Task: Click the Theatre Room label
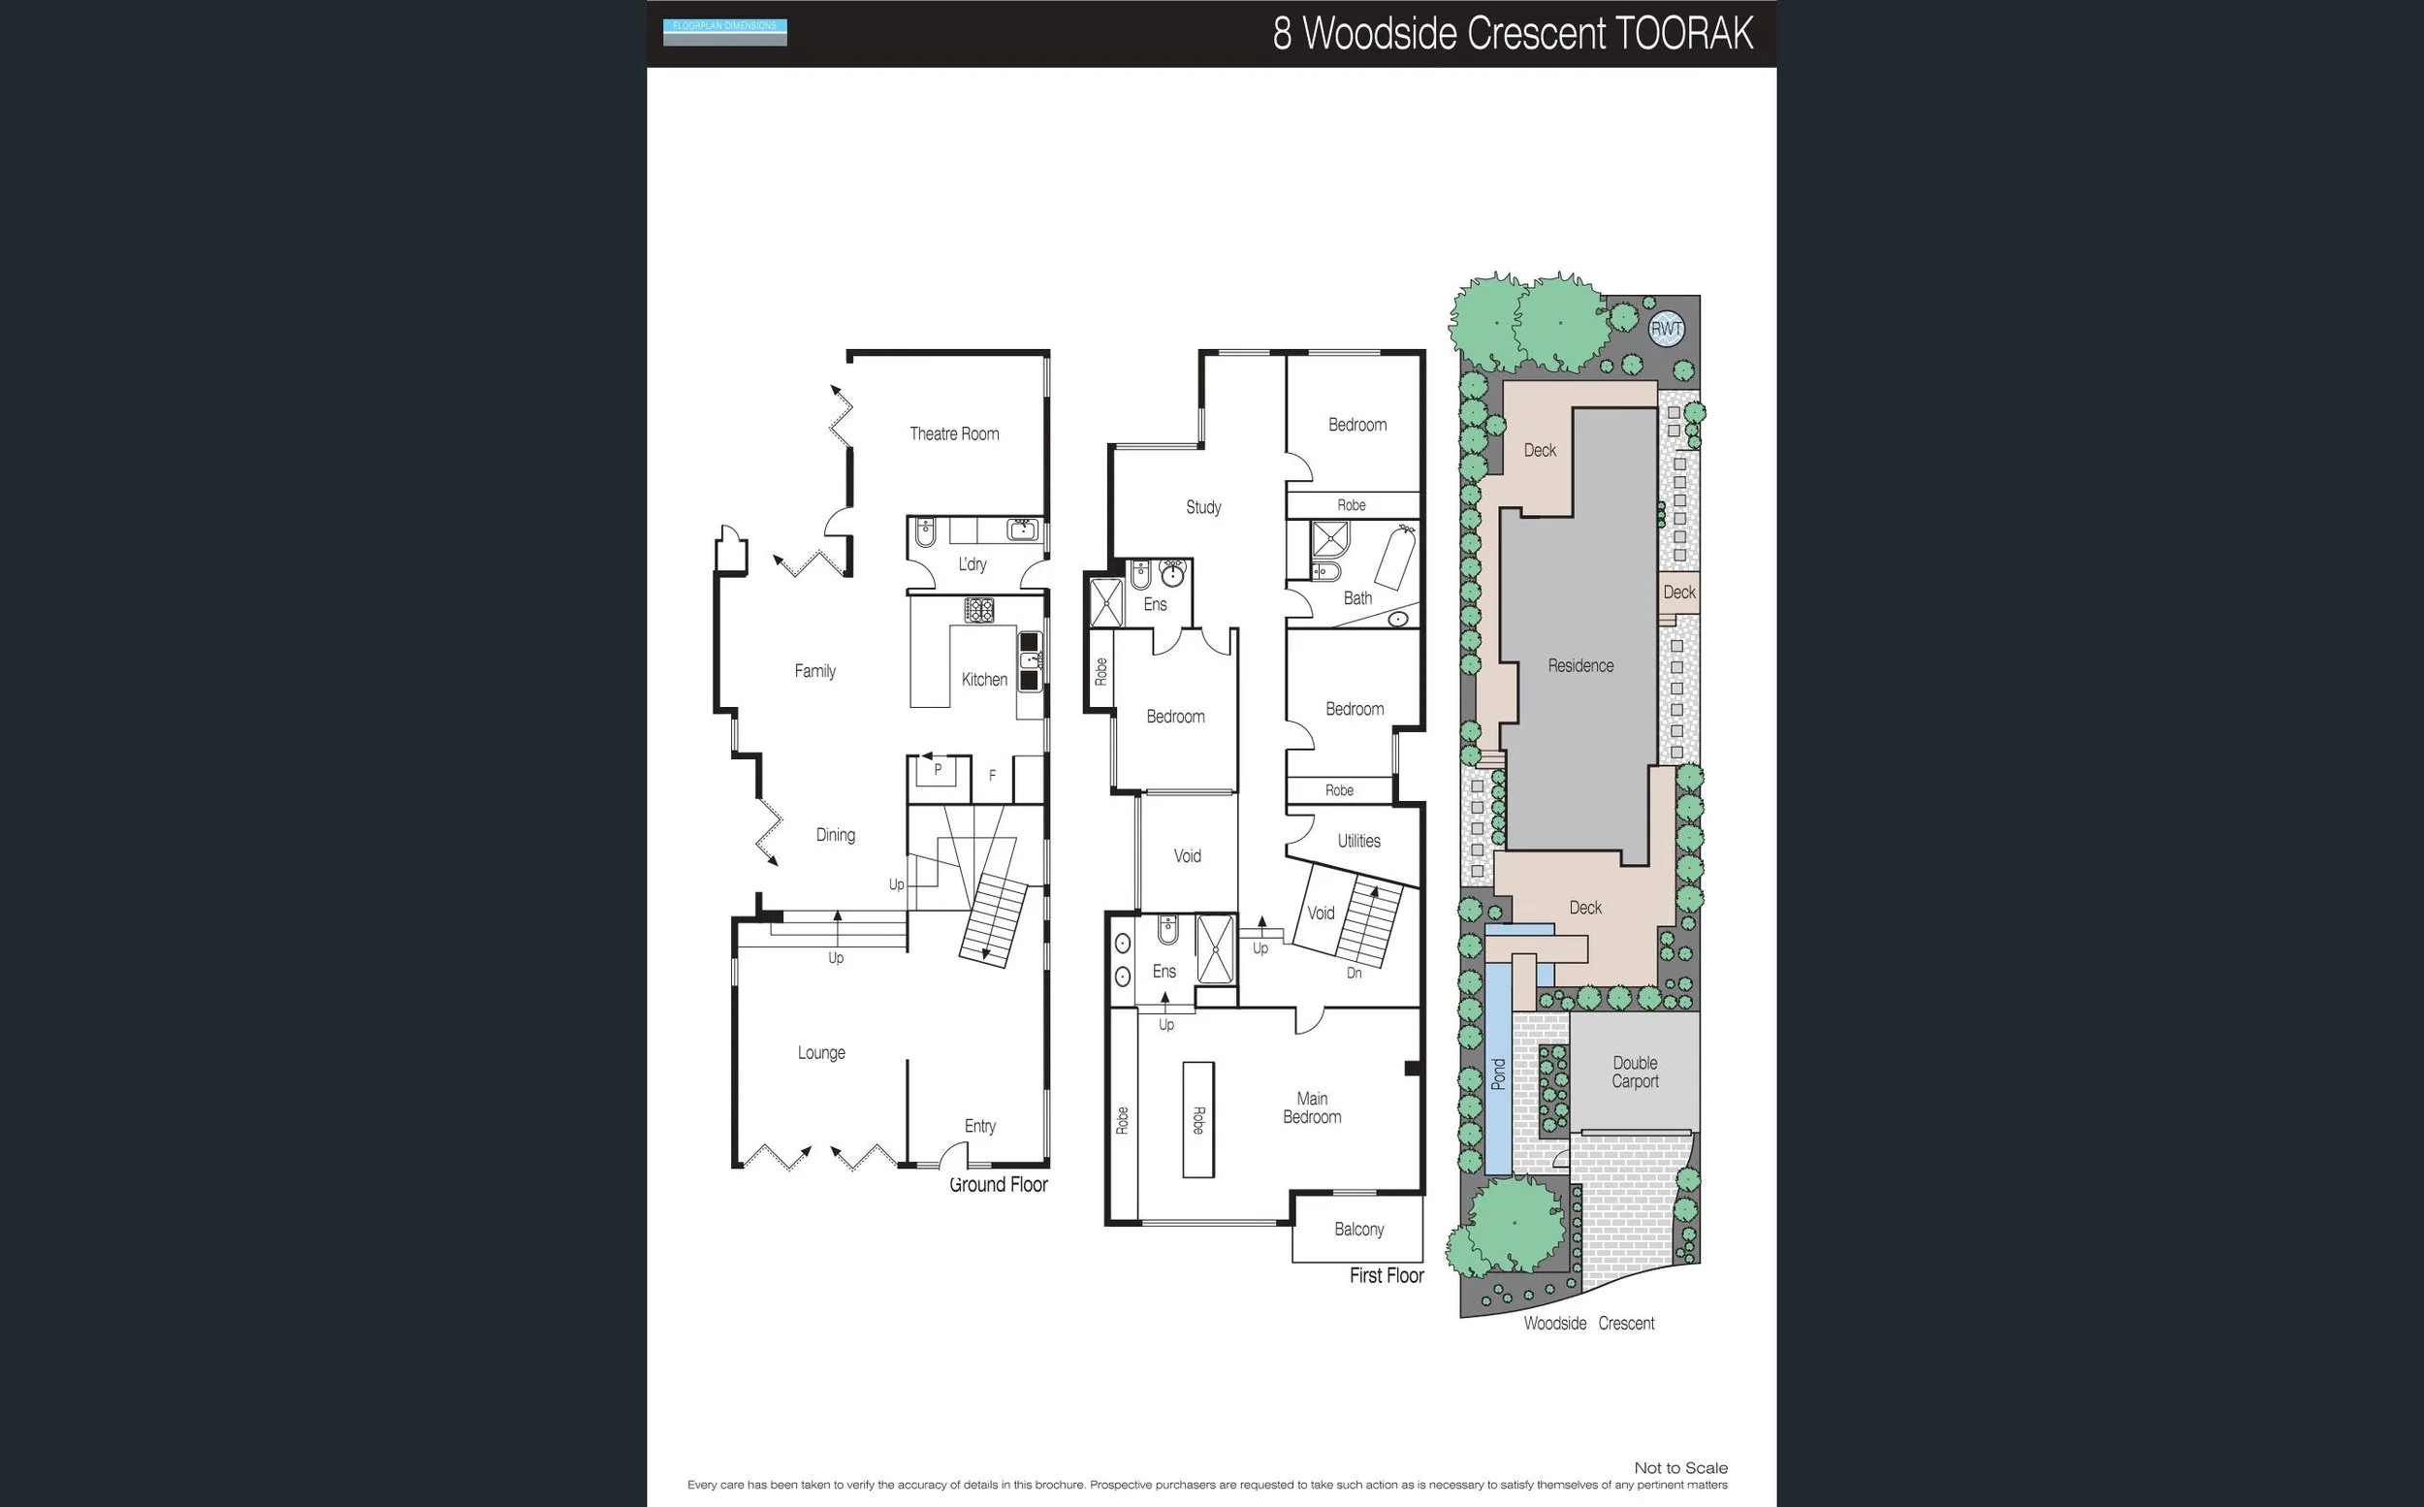click(953, 433)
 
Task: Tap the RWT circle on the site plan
click(1666, 329)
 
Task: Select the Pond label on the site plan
click(1497, 1074)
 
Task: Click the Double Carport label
click(1635, 1072)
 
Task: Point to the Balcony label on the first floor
click(1359, 1229)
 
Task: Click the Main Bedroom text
click(1311, 1107)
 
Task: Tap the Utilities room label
click(1358, 840)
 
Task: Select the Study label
click(1202, 506)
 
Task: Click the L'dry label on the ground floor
click(972, 564)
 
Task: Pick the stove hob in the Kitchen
click(978, 610)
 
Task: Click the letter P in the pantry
click(937, 769)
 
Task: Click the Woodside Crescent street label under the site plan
click(1588, 1323)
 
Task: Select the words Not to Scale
click(1679, 1467)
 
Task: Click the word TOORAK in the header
click(1683, 34)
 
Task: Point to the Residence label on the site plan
click(1580, 665)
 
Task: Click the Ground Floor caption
click(999, 1184)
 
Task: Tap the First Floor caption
click(1386, 1275)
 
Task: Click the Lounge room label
click(821, 1052)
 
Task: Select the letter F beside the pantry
click(991, 775)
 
